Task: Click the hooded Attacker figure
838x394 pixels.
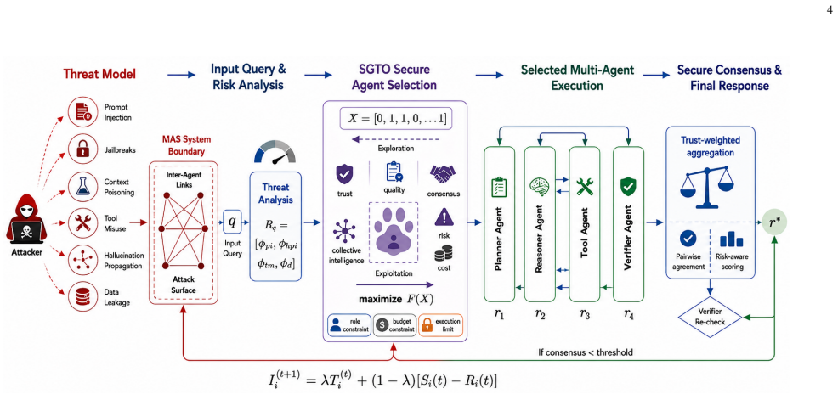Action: tap(26, 225)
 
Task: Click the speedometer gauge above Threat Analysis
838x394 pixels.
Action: tap(275, 151)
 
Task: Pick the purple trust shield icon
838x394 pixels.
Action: tap(344, 174)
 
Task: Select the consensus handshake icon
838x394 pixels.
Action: tap(443, 174)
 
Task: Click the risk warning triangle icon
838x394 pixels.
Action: tap(444, 218)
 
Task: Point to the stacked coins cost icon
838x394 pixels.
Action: tap(444, 253)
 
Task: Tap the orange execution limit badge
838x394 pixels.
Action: tap(440, 325)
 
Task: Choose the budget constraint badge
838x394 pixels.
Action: tap(395, 325)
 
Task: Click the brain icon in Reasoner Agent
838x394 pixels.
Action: tap(538, 186)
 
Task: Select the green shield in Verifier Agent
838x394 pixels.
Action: tap(627, 186)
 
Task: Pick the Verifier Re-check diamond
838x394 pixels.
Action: tap(709, 317)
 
